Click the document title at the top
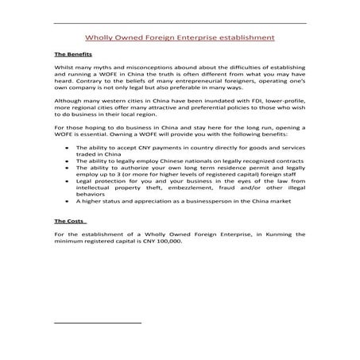pyautogui.click(x=180, y=37)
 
